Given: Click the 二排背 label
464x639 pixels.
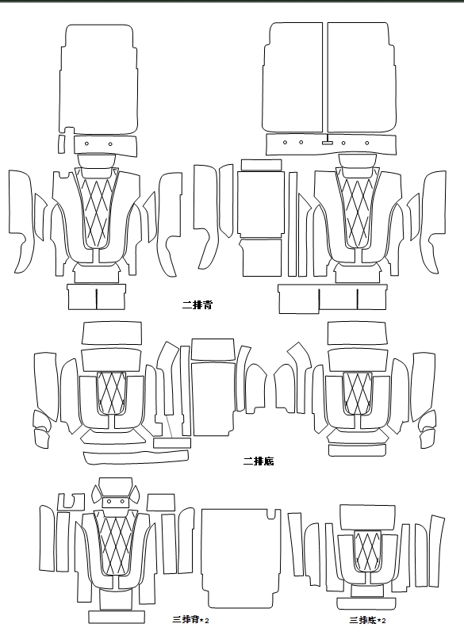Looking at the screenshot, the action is (197, 304).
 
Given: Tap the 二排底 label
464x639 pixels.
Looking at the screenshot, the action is (259, 461).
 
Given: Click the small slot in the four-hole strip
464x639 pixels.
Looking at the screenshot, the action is (327, 143).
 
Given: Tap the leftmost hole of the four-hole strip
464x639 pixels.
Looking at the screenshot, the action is (285, 142).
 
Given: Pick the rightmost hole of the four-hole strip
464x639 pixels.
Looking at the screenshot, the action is (367, 143).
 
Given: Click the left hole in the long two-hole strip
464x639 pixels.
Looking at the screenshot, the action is (86, 143).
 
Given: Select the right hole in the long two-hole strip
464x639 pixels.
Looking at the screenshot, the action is (110, 143).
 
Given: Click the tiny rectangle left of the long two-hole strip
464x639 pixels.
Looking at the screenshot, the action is (61, 143).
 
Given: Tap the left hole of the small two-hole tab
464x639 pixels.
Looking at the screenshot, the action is (109, 501).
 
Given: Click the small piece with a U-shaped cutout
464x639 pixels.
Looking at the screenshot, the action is (71, 502).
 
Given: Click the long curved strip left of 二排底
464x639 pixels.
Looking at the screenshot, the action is (136, 457).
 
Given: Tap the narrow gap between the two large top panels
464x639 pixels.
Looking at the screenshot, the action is (325, 78).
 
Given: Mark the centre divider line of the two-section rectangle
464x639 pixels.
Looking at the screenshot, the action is (96, 299).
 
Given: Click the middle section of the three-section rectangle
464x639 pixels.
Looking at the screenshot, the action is (338, 299).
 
